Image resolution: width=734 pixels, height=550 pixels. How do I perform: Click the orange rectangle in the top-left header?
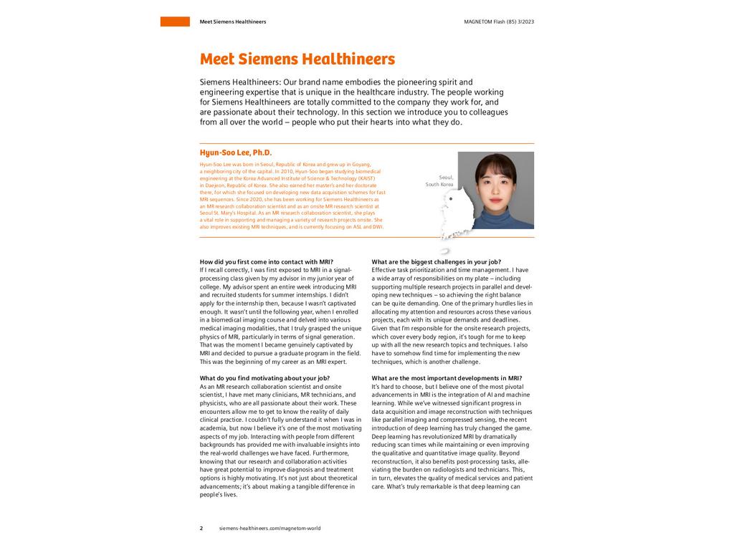tap(175, 21)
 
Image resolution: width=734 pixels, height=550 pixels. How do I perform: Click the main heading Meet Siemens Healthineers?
tap(297, 59)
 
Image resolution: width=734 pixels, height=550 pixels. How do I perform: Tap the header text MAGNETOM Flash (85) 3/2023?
tap(499, 21)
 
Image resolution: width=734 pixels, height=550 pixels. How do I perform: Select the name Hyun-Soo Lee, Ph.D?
tap(236, 153)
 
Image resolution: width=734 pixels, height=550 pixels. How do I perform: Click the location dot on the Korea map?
tap(450, 198)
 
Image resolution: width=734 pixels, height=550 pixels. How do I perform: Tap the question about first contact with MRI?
tap(266, 261)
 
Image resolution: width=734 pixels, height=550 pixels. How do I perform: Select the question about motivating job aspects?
tap(264, 378)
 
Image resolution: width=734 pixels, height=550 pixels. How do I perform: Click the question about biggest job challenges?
tap(436, 261)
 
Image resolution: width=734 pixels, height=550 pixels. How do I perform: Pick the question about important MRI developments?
tap(447, 378)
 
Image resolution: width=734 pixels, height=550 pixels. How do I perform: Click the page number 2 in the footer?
tap(201, 528)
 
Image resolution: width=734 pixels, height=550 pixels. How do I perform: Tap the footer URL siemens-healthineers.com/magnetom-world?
tap(270, 528)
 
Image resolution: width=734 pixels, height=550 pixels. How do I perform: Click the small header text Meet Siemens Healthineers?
tap(232, 21)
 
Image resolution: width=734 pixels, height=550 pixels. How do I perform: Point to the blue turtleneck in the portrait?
tap(495, 218)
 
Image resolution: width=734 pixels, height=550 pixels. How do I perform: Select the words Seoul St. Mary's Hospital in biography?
tap(228, 213)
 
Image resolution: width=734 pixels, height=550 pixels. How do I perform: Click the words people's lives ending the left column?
tap(218, 495)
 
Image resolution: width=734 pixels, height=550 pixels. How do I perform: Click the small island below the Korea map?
tap(444, 251)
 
